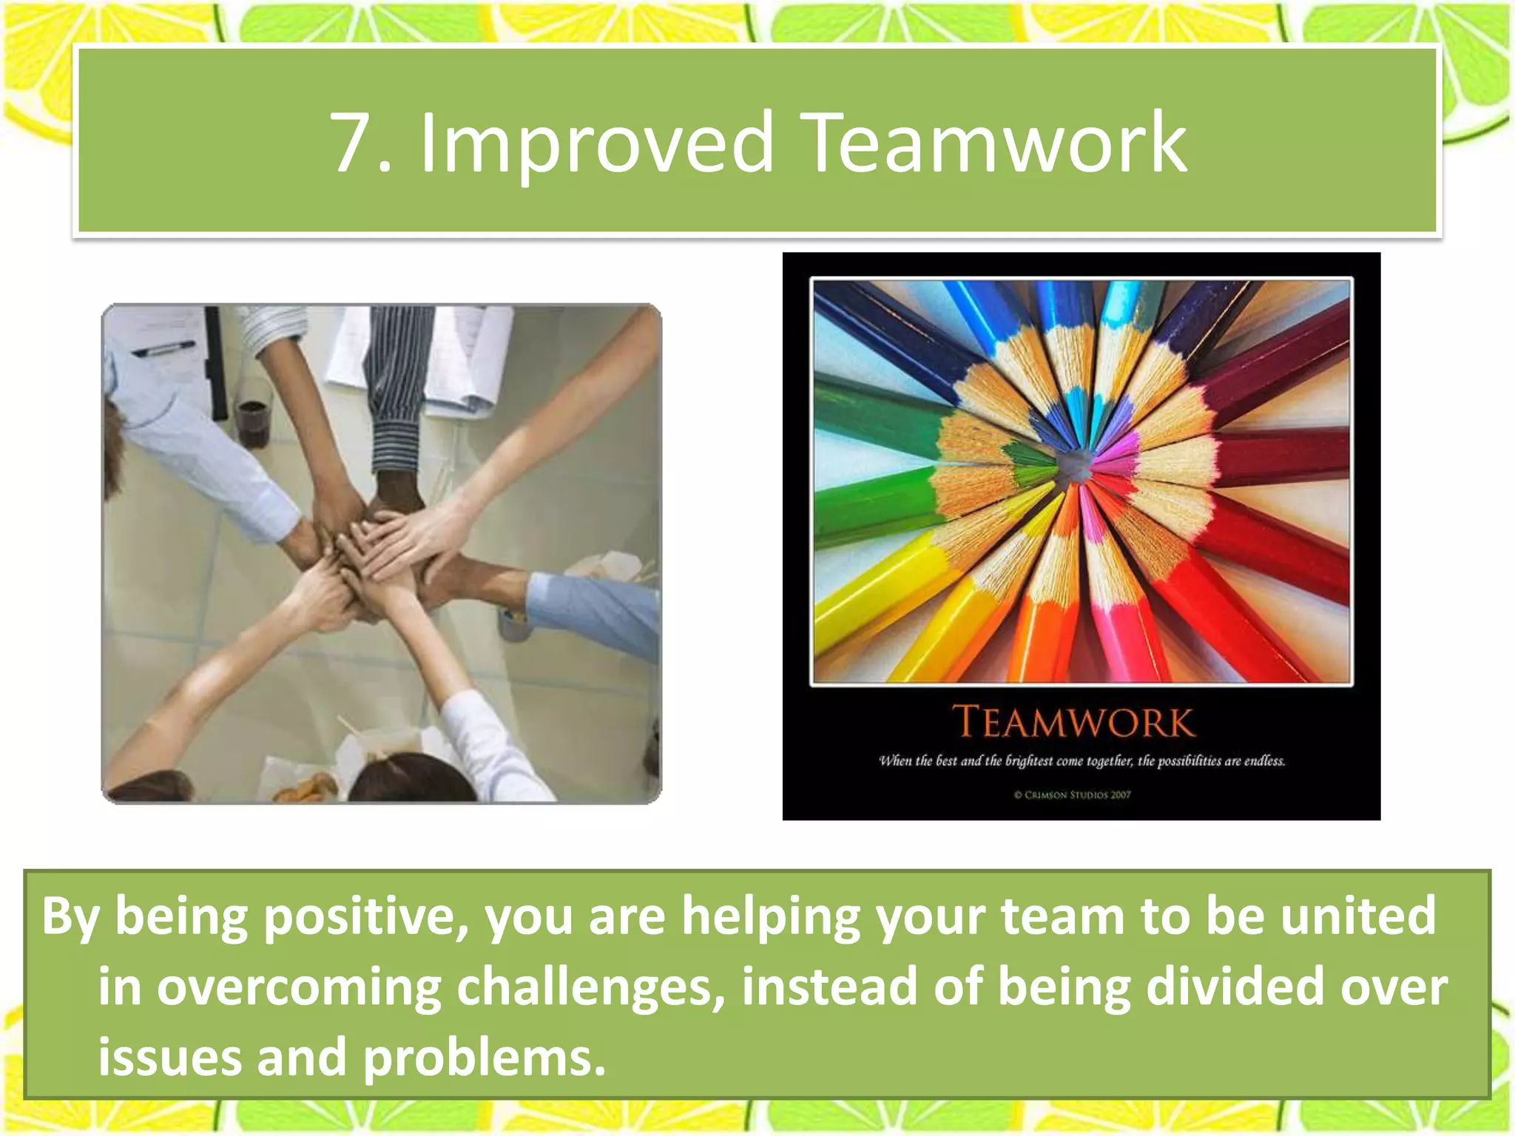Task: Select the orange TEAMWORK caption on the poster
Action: [x=1073, y=722]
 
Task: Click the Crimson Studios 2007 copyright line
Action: [x=1073, y=795]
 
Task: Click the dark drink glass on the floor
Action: [x=253, y=422]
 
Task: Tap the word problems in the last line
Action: [x=485, y=1058]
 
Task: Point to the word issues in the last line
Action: [x=170, y=1058]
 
